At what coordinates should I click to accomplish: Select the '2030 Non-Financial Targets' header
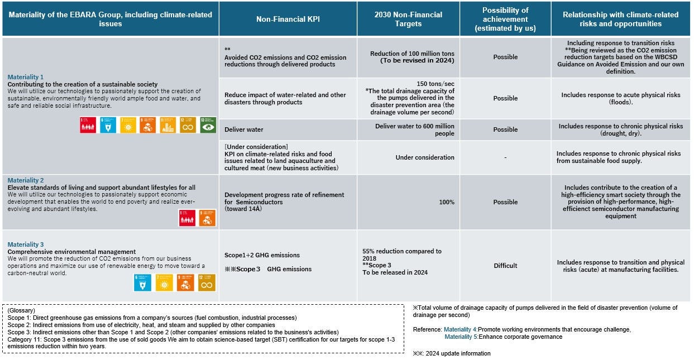408,19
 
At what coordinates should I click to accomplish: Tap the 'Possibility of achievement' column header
505,19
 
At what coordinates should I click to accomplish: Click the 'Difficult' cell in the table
505,266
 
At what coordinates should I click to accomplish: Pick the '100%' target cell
446,202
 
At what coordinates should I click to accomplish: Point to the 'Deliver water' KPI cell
244,129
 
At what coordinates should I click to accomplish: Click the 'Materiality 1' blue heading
26,77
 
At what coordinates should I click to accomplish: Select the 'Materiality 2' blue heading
26,180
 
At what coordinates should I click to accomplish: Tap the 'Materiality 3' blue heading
26,244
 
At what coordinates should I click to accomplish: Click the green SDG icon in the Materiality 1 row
208,125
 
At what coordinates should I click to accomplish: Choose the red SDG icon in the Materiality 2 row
187,218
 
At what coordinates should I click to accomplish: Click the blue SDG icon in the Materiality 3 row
142,282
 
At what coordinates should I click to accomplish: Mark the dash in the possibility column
505,157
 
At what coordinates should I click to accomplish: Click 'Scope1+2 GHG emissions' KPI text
262,255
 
